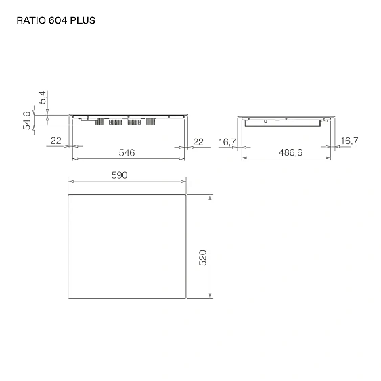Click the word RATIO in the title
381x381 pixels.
[30, 20]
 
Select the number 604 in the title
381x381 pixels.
[59, 20]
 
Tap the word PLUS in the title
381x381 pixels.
[84, 20]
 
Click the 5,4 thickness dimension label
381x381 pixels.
[43, 99]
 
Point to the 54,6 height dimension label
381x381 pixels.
[27, 120]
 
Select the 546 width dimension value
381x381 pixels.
[127, 153]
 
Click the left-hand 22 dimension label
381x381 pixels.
[56, 141]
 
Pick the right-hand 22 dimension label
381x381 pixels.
[198, 141]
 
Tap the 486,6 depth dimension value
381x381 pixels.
[290, 153]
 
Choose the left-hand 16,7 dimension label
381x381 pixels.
[227, 141]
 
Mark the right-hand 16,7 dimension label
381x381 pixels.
[349, 141]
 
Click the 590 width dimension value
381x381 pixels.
[119, 175]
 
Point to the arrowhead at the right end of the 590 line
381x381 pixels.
[184, 181]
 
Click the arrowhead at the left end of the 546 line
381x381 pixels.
[74, 159]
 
